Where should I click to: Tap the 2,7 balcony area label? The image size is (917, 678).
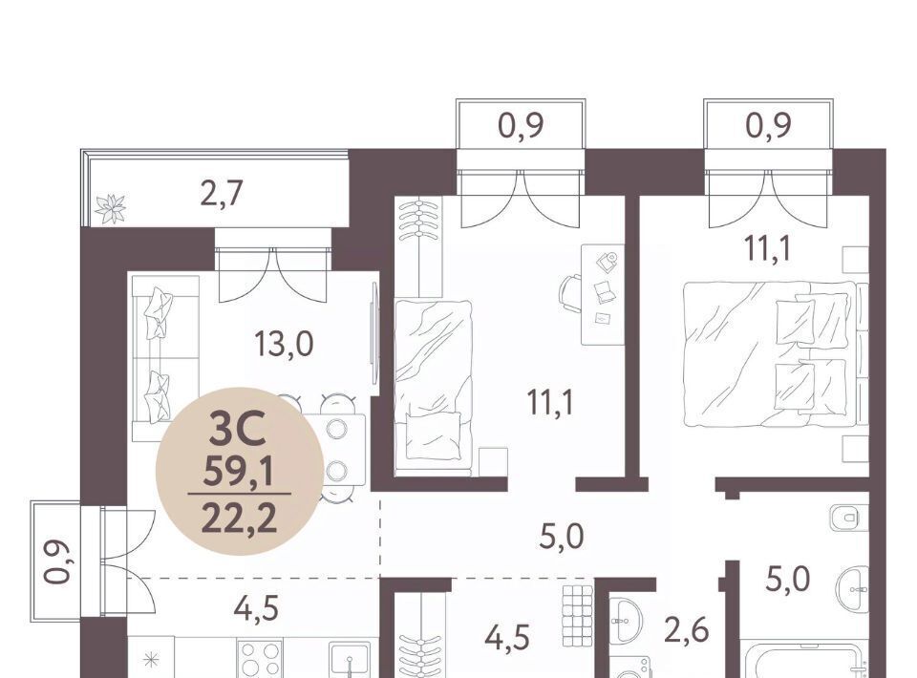click(221, 194)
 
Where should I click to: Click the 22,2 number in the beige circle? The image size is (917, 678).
click(239, 519)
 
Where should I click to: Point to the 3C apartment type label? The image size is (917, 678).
click(238, 428)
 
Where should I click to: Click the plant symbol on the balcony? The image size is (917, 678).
click(110, 209)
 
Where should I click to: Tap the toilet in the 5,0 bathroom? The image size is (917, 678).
click(848, 518)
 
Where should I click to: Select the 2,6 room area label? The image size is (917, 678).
click(686, 631)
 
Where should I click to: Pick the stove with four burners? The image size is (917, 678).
click(260, 659)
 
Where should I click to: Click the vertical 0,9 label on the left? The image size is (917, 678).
click(56, 562)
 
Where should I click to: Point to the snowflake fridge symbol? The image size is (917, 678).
click(151, 661)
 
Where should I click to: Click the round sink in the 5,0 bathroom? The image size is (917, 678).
click(853, 588)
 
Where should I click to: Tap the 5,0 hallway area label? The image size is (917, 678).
click(562, 537)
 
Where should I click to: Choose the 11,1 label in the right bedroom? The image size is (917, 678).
click(767, 248)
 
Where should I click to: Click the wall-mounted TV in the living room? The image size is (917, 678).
click(374, 333)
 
